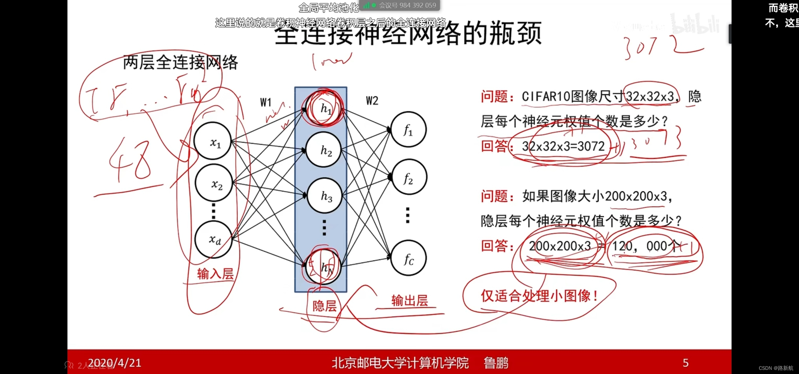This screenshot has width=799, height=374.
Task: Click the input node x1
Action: [x=213, y=141]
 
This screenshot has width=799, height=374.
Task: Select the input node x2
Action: [x=214, y=183]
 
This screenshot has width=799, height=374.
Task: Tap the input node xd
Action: [x=213, y=239]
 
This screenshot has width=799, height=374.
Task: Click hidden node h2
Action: [x=324, y=150]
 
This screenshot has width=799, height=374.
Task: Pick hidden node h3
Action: [x=324, y=196]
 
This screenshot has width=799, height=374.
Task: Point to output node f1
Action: [x=408, y=130]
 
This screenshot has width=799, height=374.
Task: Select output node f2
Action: [x=408, y=177]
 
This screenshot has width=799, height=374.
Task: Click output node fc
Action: [x=408, y=258]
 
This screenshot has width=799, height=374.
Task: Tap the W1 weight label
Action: [x=266, y=102]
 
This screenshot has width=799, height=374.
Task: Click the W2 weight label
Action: [x=372, y=101]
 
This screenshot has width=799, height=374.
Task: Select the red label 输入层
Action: [x=215, y=274]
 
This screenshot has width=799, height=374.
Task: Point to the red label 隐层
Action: [x=324, y=306]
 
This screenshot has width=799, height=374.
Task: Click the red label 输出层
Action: [x=410, y=300]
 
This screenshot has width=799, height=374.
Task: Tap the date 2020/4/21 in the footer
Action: [x=114, y=363]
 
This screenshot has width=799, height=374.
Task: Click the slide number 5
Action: [x=686, y=363]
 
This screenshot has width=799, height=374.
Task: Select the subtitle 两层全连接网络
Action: [x=180, y=63]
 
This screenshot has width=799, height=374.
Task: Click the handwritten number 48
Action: [x=131, y=160]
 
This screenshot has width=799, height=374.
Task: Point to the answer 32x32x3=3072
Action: [x=563, y=146]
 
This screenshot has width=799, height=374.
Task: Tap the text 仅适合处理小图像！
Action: [x=539, y=296]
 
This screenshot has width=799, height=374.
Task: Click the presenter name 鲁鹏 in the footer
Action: [x=496, y=363]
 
